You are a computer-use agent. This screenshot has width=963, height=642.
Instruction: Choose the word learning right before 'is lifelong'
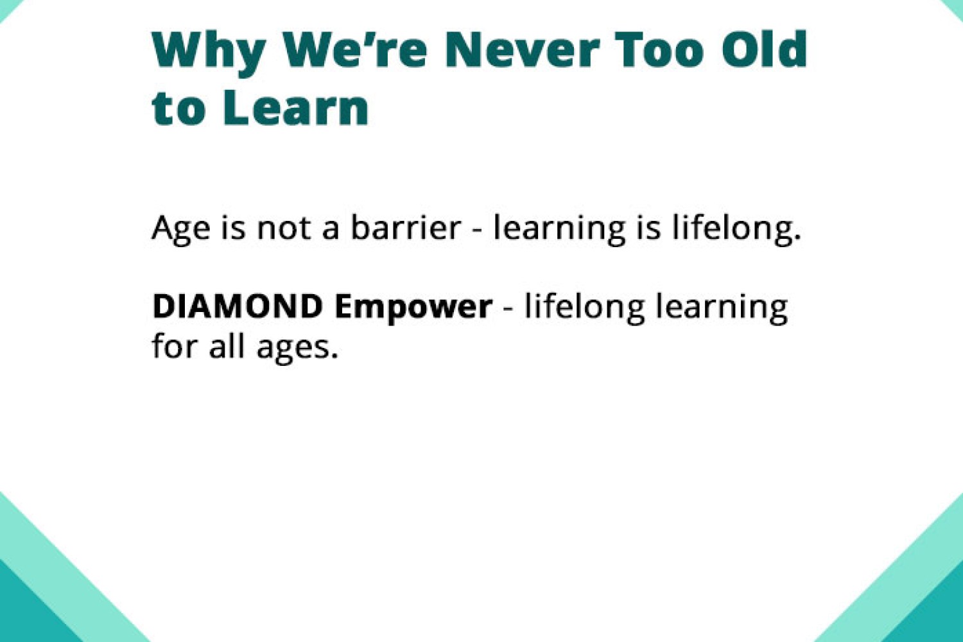pyautogui.click(x=559, y=229)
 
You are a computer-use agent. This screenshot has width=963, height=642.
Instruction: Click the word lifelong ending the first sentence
pyautogui.click(x=737, y=229)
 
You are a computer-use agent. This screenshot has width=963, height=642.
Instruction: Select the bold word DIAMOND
pyautogui.click(x=238, y=306)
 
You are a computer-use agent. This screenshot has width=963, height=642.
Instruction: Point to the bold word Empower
pyautogui.click(x=413, y=309)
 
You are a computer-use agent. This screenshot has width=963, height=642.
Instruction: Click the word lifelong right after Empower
pyautogui.click(x=584, y=308)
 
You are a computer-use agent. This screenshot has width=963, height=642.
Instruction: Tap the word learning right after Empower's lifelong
pyautogui.click(x=722, y=308)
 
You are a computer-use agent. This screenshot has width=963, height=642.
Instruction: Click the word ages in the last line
pyautogui.click(x=297, y=349)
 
